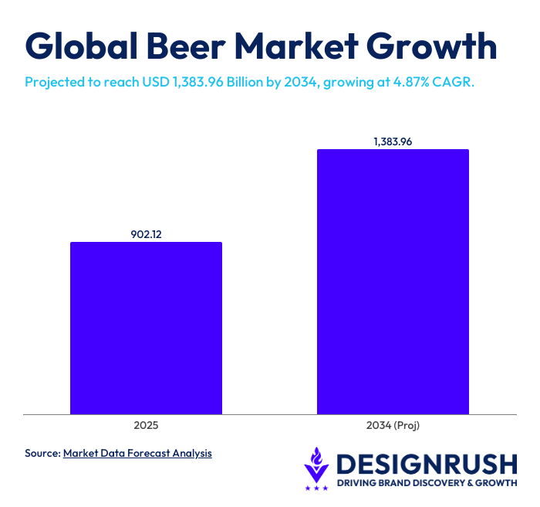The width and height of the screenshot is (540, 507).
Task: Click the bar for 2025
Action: [x=146, y=328]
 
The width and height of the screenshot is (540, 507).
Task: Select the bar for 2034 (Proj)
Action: [x=393, y=281]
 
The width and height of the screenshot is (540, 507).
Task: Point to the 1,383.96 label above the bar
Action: [x=393, y=141]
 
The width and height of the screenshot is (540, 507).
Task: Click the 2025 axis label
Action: [x=146, y=425]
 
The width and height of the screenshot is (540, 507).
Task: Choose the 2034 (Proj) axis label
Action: [x=393, y=425]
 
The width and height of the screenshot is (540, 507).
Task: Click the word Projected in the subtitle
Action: [x=55, y=81]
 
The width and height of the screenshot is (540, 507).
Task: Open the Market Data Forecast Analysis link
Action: [x=137, y=453]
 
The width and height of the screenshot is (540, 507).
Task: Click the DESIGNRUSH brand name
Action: [x=427, y=464]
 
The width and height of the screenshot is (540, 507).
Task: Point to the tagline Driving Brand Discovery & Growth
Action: [x=427, y=484]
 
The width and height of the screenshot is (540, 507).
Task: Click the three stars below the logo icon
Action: [x=316, y=488]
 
